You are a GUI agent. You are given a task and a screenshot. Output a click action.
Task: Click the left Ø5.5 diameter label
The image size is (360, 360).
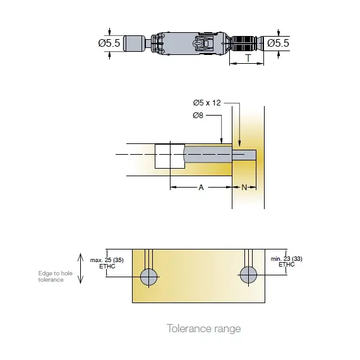(x=109, y=43)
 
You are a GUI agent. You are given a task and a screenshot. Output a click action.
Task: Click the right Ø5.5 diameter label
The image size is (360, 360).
(x=278, y=43)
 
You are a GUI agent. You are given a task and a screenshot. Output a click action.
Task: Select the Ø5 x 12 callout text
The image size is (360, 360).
(x=207, y=103)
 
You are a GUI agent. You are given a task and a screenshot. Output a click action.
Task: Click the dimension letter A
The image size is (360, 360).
(x=201, y=188)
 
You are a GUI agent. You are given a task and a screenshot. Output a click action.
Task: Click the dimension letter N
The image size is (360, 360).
(x=244, y=188)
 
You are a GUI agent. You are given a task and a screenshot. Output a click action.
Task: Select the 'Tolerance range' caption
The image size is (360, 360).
(x=203, y=328)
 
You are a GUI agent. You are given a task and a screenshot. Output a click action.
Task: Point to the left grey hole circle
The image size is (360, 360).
(x=149, y=276)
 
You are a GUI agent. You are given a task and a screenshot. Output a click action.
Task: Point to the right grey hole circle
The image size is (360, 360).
(x=248, y=274)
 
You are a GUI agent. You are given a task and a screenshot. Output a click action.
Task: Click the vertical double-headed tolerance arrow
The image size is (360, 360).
(x=80, y=268)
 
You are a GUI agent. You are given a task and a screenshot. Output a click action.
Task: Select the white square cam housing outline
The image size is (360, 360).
(x=169, y=155)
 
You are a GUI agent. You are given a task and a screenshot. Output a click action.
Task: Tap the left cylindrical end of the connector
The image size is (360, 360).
(x=134, y=44)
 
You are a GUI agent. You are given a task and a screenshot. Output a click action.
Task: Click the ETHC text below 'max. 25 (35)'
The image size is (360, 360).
(x=105, y=267)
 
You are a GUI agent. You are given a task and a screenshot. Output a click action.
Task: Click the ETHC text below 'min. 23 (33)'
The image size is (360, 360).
(x=286, y=265)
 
